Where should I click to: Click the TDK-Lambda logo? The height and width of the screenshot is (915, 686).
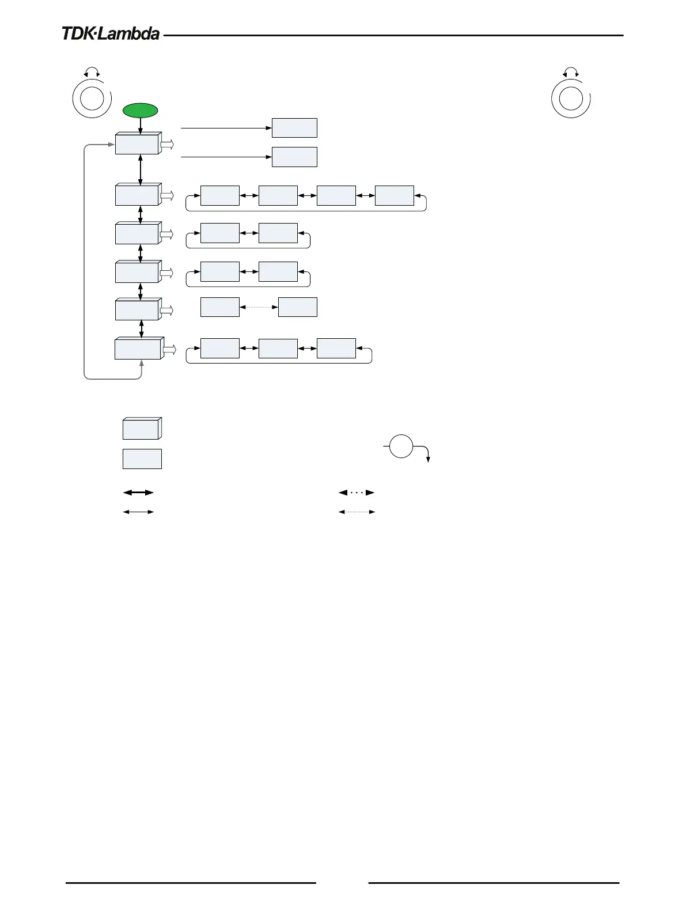[x=111, y=34]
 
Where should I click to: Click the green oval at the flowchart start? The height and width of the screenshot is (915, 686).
[x=141, y=111]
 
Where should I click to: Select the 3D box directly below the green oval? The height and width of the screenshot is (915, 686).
[x=138, y=143]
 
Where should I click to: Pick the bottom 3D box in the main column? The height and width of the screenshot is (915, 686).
[x=138, y=349]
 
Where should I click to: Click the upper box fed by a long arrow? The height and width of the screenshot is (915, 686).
[x=294, y=128]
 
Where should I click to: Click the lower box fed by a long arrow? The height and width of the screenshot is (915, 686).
[x=294, y=157]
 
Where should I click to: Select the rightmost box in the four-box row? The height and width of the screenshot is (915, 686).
[x=395, y=196]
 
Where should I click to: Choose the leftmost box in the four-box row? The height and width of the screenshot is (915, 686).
[x=220, y=196]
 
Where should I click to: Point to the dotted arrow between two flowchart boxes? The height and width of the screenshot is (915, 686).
[x=259, y=307]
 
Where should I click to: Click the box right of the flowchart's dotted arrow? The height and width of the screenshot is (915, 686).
[x=297, y=307]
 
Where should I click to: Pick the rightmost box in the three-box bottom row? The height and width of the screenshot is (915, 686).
[x=336, y=349]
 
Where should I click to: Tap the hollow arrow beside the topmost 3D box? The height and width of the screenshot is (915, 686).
[x=167, y=145]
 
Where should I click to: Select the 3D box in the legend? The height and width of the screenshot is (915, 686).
[x=142, y=429]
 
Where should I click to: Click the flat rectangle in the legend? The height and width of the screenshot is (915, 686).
[x=142, y=459]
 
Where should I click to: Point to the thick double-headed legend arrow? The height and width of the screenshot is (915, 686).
[x=139, y=493]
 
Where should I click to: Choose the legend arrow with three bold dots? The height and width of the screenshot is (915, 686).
[x=357, y=493]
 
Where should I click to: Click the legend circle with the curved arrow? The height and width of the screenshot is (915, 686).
[x=401, y=447]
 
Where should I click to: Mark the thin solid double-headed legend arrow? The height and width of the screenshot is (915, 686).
[x=139, y=512]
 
